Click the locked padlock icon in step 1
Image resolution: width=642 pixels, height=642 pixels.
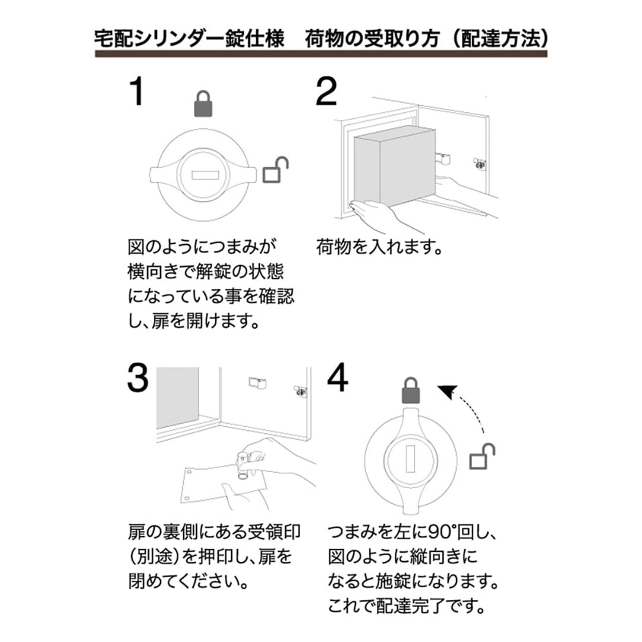click(203, 103)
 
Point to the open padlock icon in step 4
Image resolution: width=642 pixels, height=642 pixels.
click(483, 457)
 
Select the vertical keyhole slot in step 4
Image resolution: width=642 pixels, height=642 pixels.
click(411, 462)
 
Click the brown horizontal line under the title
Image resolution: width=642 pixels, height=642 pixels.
click(321, 54)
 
